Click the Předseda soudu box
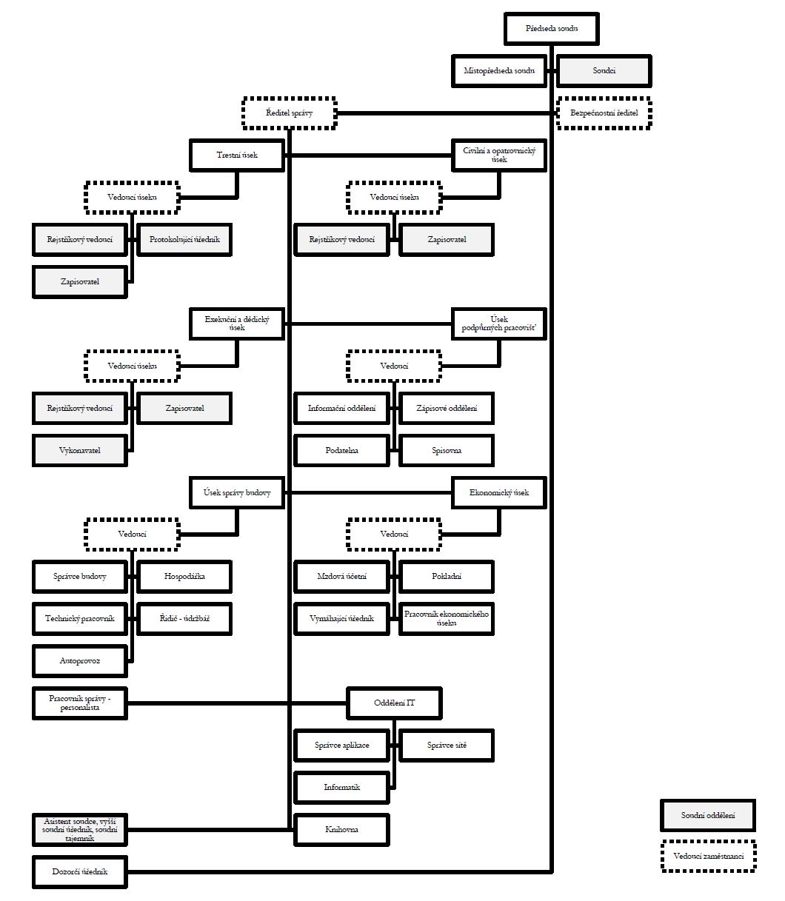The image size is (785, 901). (551, 29)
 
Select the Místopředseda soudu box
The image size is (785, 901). (499, 71)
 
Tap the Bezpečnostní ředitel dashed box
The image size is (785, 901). (604, 113)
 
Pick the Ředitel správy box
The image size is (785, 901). (289, 113)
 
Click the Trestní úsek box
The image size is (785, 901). (237, 155)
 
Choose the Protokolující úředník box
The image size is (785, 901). (185, 240)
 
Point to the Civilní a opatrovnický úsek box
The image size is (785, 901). (499, 155)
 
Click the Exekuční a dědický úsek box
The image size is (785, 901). (237, 324)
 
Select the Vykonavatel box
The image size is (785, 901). (80, 450)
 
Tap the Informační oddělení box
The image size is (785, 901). (341, 408)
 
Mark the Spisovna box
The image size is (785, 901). (447, 450)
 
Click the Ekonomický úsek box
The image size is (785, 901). (499, 492)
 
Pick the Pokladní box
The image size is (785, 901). (447, 576)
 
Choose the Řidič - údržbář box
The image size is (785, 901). (185, 618)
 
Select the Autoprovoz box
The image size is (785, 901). (80, 660)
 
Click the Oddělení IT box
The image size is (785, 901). (394, 703)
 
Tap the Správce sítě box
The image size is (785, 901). (447, 745)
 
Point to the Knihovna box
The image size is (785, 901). (341, 829)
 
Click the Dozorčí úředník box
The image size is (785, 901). (80, 871)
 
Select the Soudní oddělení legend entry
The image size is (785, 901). (708, 815)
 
